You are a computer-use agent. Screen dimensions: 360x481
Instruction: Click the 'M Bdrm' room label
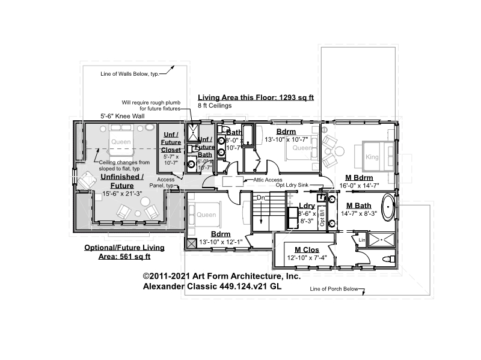tap(360, 178)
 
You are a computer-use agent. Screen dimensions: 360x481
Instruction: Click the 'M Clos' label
tap(306, 249)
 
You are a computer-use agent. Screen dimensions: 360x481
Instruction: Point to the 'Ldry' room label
tap(307, 206)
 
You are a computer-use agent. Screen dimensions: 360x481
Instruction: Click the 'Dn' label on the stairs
tap(261, 197)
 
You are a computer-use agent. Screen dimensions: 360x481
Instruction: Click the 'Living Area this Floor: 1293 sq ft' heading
tap(256, 97)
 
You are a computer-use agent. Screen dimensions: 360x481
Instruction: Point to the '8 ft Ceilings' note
tap(215, 105)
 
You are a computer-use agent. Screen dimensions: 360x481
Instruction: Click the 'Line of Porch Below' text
tap(334, 289)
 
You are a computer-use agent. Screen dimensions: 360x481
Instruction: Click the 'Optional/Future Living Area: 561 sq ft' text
tap(124, 252)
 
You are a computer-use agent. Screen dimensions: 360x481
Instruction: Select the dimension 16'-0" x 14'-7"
tap(360, 186)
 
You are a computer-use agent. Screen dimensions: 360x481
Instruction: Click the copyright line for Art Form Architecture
tap(221, 276)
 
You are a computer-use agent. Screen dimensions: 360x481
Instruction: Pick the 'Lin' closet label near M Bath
tap(362, 240)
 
